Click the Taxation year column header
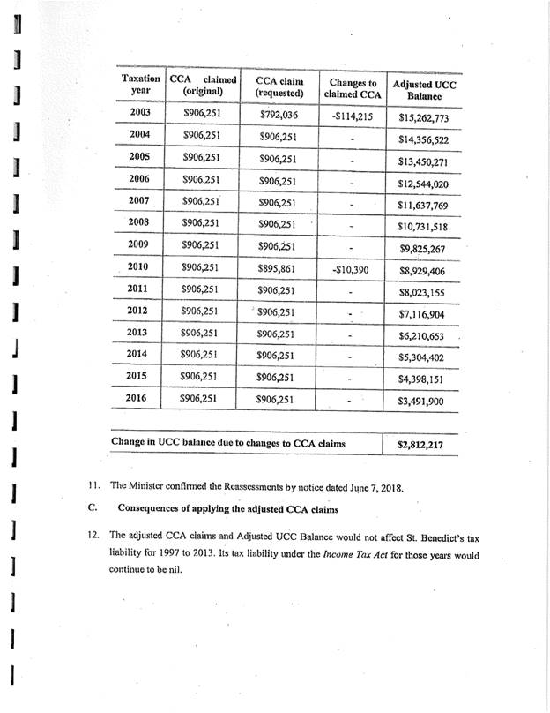point(139,85)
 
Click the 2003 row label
point(139,113)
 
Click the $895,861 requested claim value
point(279,267)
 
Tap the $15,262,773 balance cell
point(424,116)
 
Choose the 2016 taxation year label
point(138,398)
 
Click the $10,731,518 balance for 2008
point(425,227)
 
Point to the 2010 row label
point(138,266)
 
